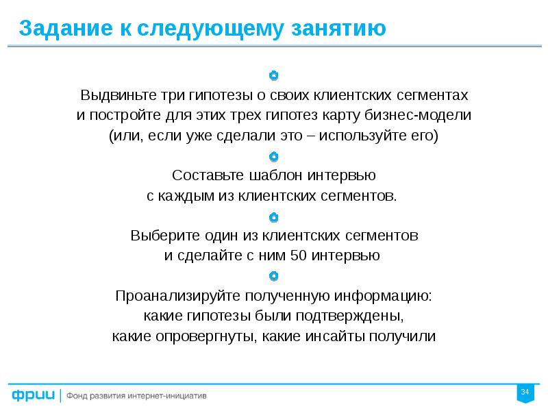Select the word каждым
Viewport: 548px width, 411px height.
180,195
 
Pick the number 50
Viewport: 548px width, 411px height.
299,256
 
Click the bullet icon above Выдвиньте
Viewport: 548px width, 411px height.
273,75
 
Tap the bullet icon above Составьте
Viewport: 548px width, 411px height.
273,156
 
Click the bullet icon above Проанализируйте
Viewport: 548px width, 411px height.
273,277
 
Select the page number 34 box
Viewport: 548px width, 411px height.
525,392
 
